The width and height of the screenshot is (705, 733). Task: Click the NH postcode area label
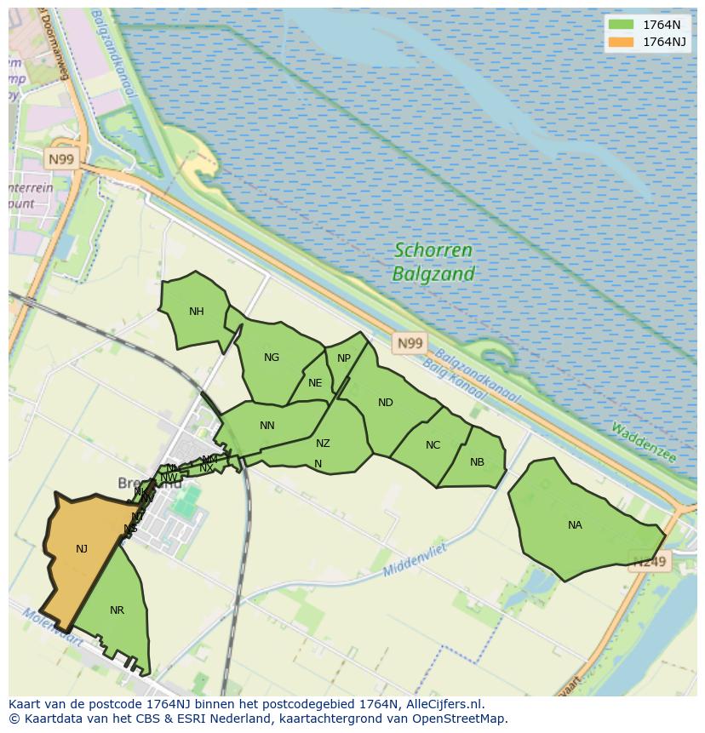point(197,312)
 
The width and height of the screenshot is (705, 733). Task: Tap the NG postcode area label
point(272,358)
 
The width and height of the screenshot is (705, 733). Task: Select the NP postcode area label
point(344,358)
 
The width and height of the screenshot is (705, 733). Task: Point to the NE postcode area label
point(315,383)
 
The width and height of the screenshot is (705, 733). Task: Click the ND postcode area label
point(386,403)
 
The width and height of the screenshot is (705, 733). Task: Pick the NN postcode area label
point(267,426)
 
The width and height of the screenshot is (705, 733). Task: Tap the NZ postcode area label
point(323,444)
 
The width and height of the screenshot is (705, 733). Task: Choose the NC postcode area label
point(433,445)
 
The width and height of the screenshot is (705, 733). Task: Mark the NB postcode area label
point(477,462)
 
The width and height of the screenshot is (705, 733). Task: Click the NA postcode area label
point(575,525)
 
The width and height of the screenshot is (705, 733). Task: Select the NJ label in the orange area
point(82,549)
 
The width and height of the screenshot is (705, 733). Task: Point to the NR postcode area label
point(117,610)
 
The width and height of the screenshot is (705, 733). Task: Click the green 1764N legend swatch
point(622,25)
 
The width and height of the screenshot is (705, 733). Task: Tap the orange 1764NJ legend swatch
point(622,42)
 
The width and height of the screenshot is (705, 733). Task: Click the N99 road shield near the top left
point(61,159)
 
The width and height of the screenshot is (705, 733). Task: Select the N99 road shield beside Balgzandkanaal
point(410,343)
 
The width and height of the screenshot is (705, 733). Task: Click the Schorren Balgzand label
point(433,262)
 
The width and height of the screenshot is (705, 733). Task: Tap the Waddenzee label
point(643,443)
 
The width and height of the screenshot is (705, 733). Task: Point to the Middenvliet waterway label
point(415,559)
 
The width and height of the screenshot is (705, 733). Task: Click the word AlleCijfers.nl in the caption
point(442,704)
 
